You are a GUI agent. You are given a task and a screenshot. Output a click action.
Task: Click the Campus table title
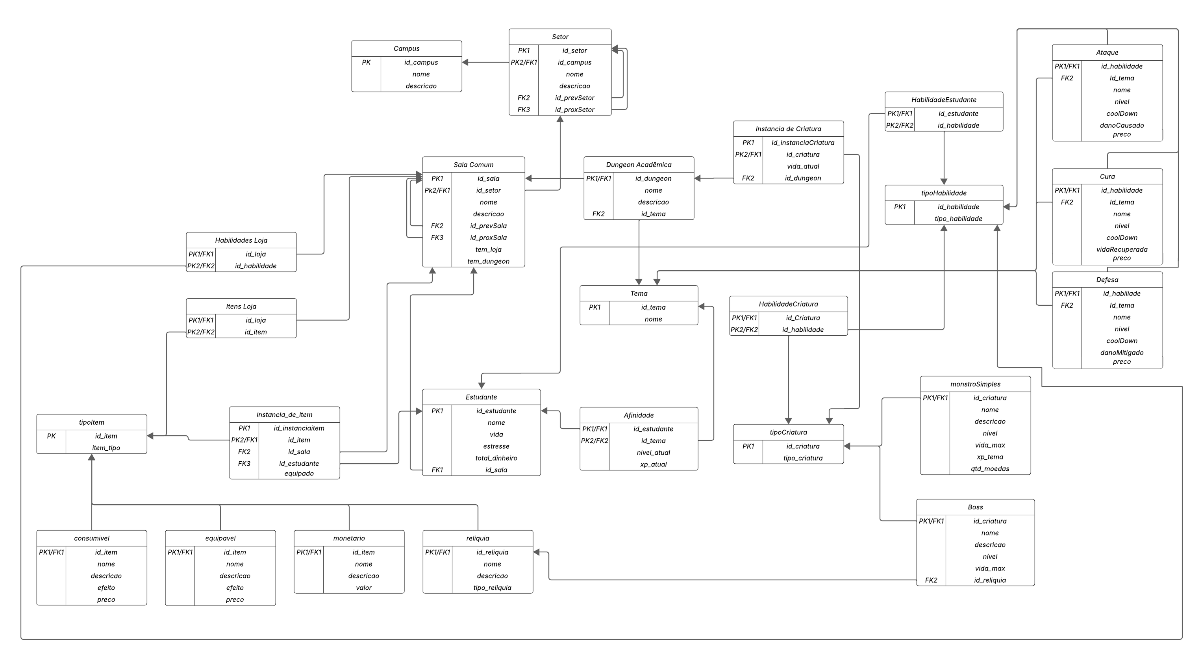tap(406, 48)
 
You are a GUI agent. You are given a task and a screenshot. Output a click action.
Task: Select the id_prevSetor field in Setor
tap(574, 98)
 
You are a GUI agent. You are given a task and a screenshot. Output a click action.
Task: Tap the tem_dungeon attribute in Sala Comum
tap(488, 261)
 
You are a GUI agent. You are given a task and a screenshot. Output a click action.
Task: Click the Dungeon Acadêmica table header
tap(638, 165)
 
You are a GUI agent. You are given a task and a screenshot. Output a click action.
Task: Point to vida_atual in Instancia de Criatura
tap(803, 166)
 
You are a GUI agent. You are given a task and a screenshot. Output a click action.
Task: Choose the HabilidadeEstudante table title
tap(943, 100)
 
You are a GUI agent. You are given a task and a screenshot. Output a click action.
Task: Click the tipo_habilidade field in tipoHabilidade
tap(958, 219)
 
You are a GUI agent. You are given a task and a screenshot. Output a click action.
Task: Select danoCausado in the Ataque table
tap(1122, 125)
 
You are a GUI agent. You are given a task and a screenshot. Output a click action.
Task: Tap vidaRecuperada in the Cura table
tap(1122, 249)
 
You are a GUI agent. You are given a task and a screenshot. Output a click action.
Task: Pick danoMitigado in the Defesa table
tap(1122, 353)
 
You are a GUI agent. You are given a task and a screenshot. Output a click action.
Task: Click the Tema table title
tap(638, 293)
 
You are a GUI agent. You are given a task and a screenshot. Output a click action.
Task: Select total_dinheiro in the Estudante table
tap(496, 458)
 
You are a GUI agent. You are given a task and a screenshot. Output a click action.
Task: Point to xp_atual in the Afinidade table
tap(653, 464)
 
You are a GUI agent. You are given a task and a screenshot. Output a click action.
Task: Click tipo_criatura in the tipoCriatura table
tap(803, 458)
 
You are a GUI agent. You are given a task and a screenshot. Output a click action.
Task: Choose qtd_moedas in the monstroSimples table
tap(990, 469)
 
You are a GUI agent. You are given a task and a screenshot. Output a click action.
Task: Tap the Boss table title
tap(975, 507)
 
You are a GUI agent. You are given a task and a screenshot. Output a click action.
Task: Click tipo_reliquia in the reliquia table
tap(492, 588)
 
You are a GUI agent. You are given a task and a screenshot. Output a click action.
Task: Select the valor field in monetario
tap(363, 588)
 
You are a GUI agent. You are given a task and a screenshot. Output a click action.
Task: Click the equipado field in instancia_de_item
tap(299, 473)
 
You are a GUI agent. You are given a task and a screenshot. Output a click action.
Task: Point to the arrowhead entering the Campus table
tap(465, 62)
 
